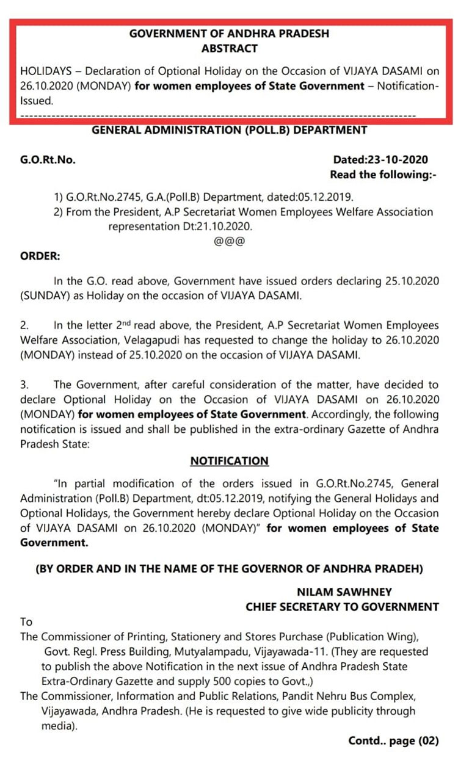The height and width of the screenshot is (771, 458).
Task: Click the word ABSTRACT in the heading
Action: [x=229, y=48]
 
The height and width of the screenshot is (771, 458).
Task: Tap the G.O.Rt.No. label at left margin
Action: [x=48, y=160]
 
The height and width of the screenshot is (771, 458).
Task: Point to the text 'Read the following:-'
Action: [x=384, y=175]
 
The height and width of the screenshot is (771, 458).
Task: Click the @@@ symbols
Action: [x=229, y=241]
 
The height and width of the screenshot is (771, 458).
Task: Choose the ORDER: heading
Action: [x=40, y=256]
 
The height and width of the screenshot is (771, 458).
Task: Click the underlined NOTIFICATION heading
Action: [x=229, y=461]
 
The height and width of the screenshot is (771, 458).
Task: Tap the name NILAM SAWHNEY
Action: [x=344, y=592]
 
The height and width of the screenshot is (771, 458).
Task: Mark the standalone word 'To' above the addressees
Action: [x=26, y=621]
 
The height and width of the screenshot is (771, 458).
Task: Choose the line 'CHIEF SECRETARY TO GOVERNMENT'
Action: [x=342, y=607]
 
